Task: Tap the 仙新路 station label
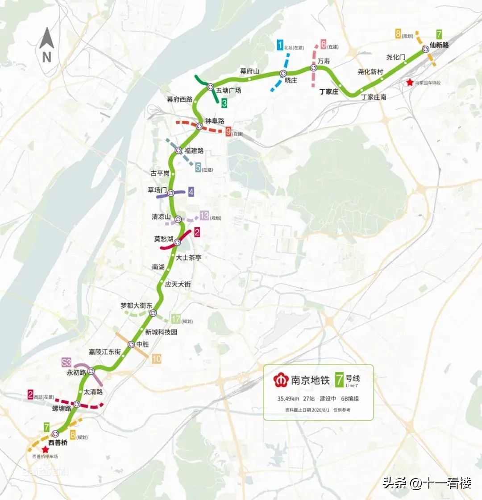coord(439,45)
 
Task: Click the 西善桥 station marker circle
coord(55,434)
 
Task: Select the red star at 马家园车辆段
coord(410,83)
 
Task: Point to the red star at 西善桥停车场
coord(45,450)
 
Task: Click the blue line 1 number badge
coord(280,45)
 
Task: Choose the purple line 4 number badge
coord(191,192)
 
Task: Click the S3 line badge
coord(67,362)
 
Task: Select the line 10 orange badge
coord(156,359)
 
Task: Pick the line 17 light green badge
coord(176,319)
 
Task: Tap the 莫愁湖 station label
coord(163,239)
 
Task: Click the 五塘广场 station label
coord(229,91)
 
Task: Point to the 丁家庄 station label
coord(329,92)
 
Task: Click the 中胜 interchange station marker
coord(131,344)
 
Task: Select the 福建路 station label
coord(194,151)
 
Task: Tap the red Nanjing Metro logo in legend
coord(281,380)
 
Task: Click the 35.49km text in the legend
coord(288,399)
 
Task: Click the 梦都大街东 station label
coord(136,306)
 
